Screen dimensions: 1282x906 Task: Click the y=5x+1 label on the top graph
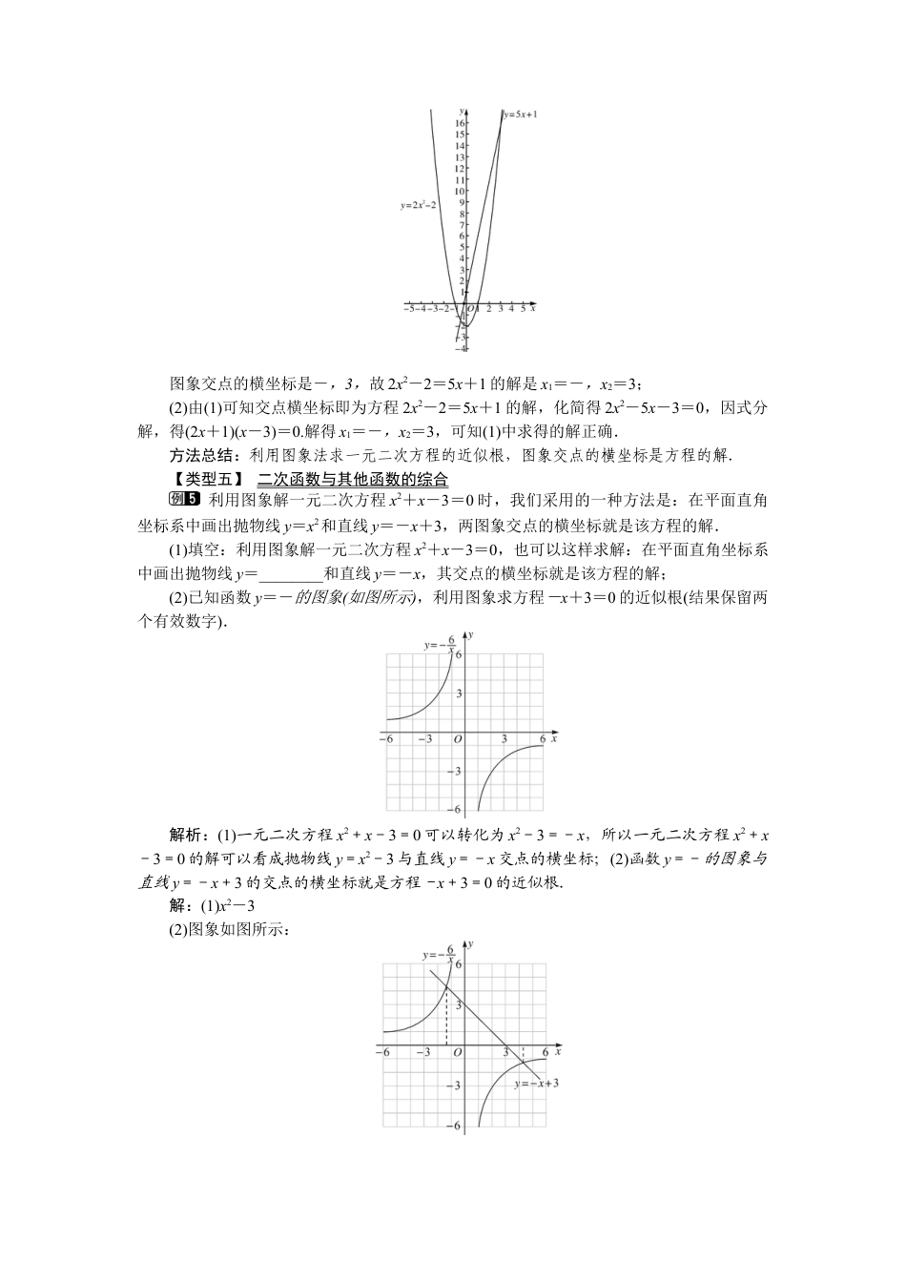click(521, 114)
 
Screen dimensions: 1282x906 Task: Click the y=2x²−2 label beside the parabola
click(419, 205)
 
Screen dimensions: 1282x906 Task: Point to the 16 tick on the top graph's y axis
click(460, 123)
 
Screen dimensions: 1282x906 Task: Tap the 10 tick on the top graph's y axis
click(460, 191)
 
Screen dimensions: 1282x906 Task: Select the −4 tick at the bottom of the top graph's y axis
click(462, 349)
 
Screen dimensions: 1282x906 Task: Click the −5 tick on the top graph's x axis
click(407, 308)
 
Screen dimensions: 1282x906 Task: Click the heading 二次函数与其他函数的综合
click(353, 479)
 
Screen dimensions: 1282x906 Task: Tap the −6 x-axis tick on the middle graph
click(386, 739)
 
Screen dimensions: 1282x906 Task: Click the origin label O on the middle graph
click(458, 739)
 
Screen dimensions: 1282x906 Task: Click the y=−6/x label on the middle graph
click(440, 646)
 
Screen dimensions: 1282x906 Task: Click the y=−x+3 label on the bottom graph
click(535, 1084)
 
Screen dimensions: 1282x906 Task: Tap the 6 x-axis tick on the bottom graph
click(545, 1052)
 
